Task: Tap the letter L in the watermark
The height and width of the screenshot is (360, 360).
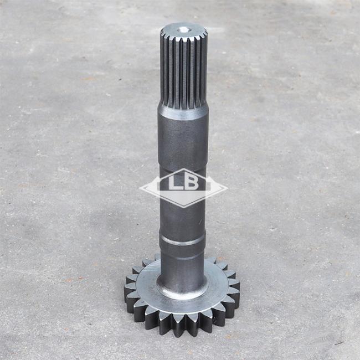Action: point(175,183)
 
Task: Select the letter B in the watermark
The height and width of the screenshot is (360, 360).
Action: point(191,183)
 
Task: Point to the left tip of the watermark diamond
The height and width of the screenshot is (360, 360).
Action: point(140,189)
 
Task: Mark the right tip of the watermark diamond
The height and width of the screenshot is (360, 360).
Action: point(227,189)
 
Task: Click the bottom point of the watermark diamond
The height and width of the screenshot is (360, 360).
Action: point(183,207)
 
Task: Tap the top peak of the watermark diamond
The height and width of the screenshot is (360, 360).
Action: point(184,169)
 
